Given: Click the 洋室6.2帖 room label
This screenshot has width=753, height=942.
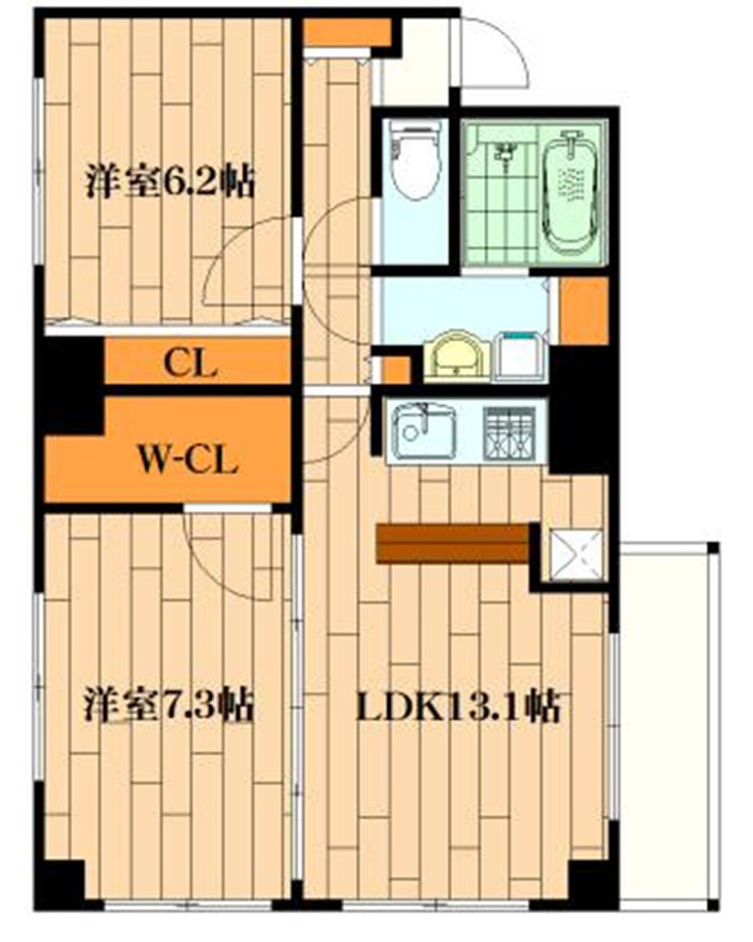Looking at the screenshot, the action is (x=169, y=181).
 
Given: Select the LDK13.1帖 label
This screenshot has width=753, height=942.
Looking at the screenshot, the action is (x=458, y=706).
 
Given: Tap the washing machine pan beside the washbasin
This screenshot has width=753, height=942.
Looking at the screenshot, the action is (x=520, y=358).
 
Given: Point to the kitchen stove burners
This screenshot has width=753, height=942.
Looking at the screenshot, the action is (x=509, y=433).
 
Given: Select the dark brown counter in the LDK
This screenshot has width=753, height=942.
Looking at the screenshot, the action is (x=453, y=544).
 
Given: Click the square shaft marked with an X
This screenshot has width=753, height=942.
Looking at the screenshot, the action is (x=575, y=555).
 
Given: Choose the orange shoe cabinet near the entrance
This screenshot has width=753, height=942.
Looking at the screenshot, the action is (x=347, y=32).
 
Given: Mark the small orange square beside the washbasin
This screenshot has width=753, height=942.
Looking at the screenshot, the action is (x=397, y=369).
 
